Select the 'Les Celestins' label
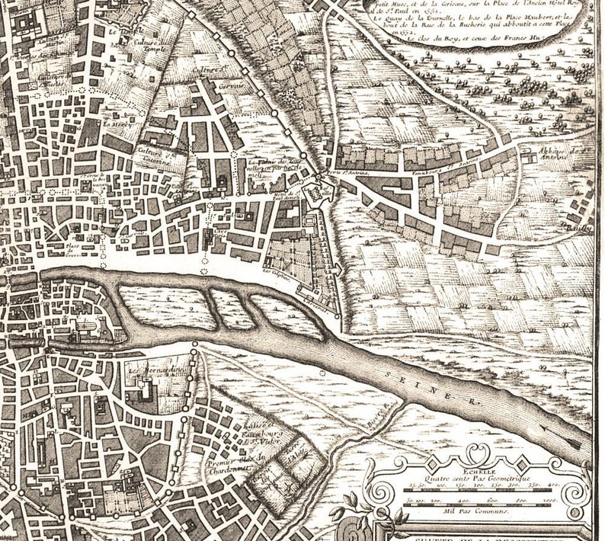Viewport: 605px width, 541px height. pyautogui.click(x=277, y=270)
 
